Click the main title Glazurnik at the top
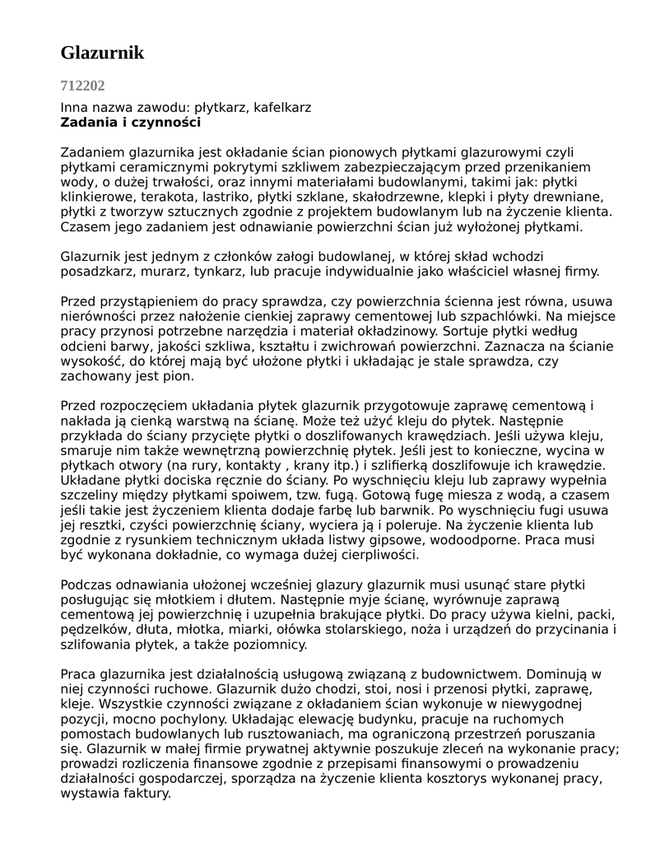[x=102, y=53]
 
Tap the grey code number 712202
[x=82, y=86]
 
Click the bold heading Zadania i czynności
[x=131, y=123]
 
